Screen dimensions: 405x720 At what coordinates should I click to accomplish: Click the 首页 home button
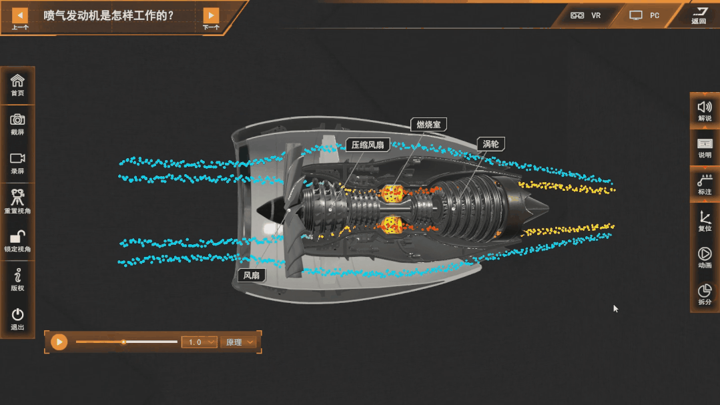pos(17,85)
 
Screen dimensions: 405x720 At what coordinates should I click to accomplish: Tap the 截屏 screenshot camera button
pos(17,123)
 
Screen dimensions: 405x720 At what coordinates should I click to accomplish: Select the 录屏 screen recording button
pos(17,162)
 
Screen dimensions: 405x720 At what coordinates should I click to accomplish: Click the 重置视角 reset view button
pos(17,201)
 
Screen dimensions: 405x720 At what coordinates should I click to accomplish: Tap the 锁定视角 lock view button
pos(17,240)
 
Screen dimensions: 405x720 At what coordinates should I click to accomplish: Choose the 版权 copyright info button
pos(17,279)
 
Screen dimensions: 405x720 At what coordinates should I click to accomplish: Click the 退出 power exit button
pos(17,318)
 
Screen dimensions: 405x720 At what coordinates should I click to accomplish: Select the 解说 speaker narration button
pos(705,110)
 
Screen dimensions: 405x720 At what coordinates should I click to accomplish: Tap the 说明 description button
pos(705,147)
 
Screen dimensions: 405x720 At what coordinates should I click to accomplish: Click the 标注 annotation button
pos(705,184)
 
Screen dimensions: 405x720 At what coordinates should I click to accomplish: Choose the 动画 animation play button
pos(705,258)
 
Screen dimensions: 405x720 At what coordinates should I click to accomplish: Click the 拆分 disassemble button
pos(705,294)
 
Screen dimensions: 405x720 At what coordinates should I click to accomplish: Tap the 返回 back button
pos(699,15)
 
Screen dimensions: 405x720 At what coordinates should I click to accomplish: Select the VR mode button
pos(586,15)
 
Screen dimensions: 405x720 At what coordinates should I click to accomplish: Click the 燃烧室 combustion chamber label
pos(428,125)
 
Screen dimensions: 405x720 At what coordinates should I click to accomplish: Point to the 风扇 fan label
pos(252,275)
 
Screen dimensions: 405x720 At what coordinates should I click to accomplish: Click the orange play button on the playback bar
pos(59,342)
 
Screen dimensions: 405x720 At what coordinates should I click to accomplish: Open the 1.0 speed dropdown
pos(199,342)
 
